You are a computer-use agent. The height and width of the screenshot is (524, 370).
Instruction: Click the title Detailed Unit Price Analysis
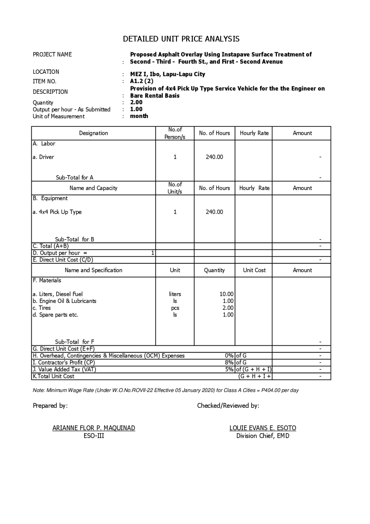181,39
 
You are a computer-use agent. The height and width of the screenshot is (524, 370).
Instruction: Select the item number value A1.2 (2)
142,81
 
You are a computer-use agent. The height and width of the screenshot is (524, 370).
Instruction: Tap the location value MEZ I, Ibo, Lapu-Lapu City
167,74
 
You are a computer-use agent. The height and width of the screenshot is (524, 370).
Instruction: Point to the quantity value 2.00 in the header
136,102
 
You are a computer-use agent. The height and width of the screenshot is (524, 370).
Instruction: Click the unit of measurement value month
139,116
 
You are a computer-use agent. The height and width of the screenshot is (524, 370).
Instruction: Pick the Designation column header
93,133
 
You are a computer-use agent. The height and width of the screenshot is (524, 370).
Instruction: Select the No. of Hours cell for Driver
214,157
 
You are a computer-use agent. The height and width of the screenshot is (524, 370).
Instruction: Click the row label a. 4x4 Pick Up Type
57,212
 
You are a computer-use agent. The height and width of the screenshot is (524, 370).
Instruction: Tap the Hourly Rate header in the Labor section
254,133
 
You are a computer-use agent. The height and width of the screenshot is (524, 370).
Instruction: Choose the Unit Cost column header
254,270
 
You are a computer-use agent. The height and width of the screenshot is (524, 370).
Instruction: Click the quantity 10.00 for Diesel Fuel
226,294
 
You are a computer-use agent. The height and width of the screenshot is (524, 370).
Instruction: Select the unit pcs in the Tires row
175,308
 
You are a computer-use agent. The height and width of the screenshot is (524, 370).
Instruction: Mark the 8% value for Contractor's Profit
229,363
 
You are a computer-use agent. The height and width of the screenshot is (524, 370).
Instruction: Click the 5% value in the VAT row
229,369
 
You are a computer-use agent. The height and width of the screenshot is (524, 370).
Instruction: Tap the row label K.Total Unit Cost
53,376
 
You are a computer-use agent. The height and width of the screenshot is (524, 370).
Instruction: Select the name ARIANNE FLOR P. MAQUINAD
94,428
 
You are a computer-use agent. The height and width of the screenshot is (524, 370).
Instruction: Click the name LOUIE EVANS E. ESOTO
263,428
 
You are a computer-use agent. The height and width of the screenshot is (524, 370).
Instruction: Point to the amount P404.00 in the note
271,390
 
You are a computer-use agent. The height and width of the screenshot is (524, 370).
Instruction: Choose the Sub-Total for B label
75,239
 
